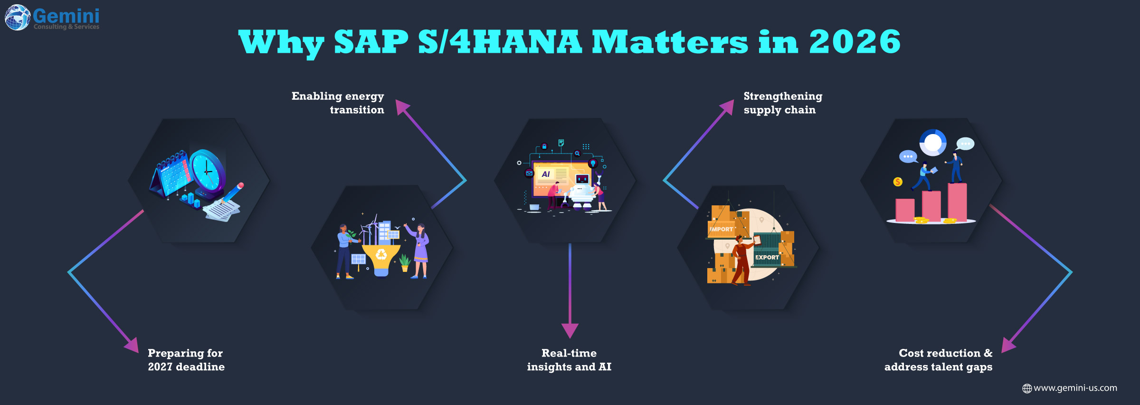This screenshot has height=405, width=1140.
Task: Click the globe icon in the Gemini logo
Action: coord(18,18)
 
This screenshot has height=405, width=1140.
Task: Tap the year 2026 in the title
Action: coord(855,42)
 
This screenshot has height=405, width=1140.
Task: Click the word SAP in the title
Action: coord(371,42)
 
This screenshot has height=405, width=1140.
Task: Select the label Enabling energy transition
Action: coord(338,103)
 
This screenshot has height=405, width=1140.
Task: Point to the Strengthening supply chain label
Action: coord(783,103)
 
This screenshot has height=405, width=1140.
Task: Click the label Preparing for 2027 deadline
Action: coord(186,360)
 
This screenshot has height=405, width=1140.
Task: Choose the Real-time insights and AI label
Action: coord(569,360)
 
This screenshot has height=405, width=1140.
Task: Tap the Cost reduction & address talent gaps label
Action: coord(939,360)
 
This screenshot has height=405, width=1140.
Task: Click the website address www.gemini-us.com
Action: coord(1075,388)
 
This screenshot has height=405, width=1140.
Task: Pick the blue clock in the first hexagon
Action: coord(208,172)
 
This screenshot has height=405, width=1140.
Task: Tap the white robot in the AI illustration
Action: coord(582,191)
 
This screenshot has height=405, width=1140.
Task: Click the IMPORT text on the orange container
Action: coord(722,229)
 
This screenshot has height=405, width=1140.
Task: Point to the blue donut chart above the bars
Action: coord(933,142)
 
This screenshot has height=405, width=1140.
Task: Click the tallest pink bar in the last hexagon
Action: coord(957,202)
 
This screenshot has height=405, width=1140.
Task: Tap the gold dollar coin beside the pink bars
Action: coord(898,182)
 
